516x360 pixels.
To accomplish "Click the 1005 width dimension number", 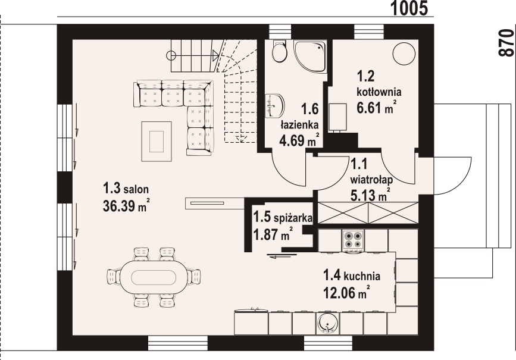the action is coord(409,8).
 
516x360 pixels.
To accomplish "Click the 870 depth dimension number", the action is coord(506,43).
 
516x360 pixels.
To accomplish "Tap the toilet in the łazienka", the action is coord(280,51).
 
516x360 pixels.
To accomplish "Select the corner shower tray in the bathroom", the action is coord(310,57).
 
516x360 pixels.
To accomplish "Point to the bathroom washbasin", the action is coord(275,106).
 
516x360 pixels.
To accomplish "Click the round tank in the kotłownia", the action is coord(404,54).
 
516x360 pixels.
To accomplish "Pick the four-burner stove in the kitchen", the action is coord(353,240).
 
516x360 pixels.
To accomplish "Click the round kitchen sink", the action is coord(328,323).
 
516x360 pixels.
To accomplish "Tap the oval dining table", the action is coord(152,277).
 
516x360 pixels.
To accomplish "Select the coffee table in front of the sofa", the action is coord(157,142).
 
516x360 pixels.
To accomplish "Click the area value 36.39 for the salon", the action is coord(119,206).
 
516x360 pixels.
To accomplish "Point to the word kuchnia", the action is coord(362,276).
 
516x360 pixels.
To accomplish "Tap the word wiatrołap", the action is coord(371,180).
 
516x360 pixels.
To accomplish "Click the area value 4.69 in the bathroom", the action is coord(292,141).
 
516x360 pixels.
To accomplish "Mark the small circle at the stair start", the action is coord(171,55).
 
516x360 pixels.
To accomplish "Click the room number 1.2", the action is coord(365,76).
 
